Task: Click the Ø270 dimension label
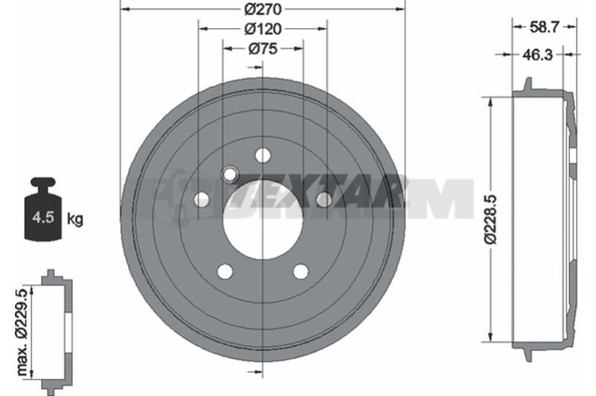(263, 9)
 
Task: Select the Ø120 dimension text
(263, 28)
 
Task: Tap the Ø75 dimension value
(263, 48)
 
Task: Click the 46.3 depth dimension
(537, 55)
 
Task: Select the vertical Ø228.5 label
(490, 219)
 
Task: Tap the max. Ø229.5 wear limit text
(22, 332)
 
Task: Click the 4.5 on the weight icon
(42, 217)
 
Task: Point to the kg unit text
(75, 219)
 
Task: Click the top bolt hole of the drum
(263, 155)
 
